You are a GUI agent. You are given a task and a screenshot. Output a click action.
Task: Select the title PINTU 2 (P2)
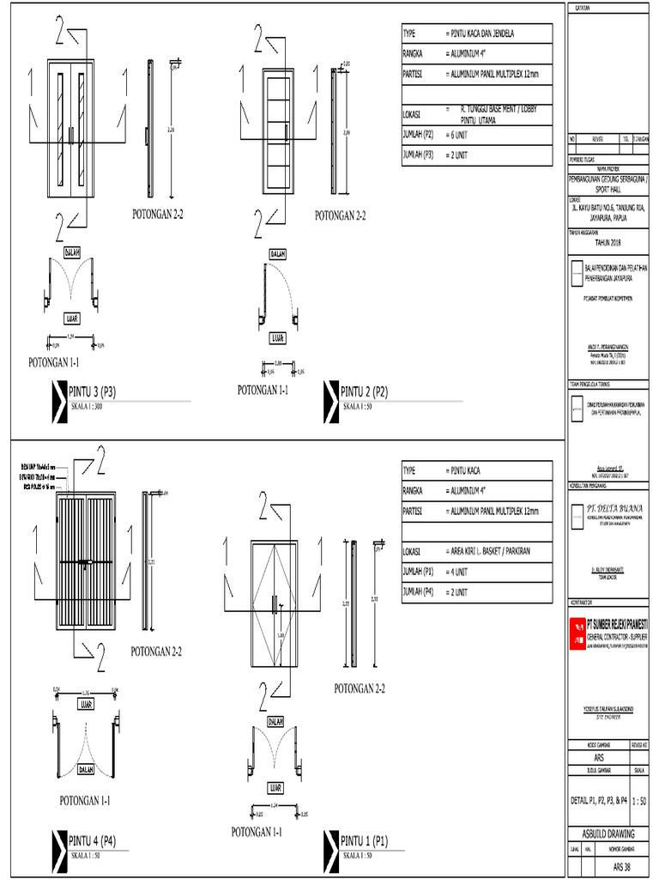(365, 392)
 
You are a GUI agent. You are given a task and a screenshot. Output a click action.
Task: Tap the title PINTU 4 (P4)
(92, 840)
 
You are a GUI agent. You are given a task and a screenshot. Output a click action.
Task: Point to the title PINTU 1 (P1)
(365, 840)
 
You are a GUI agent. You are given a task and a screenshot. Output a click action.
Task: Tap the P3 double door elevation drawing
(70, 129)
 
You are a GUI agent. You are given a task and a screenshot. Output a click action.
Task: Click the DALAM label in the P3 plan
(72, 252)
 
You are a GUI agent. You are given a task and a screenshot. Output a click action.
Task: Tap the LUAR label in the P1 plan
(275, 786)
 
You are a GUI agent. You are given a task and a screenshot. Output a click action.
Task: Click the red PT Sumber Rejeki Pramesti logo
(577, 633)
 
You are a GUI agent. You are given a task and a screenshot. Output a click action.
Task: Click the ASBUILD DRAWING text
(610, 833)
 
